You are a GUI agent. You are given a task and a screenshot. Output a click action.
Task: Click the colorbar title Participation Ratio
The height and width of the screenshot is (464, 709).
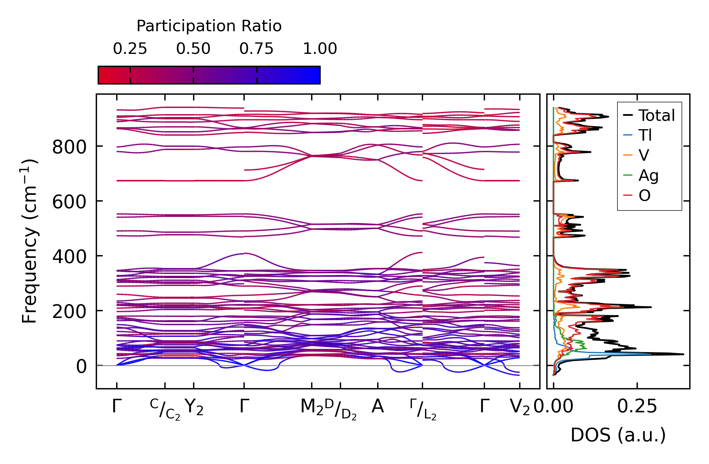(209, 26)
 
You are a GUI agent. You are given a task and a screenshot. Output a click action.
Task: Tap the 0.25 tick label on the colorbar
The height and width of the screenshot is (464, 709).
(130, 49)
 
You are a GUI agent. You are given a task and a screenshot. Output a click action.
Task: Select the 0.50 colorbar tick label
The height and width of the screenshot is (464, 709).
(193, 49)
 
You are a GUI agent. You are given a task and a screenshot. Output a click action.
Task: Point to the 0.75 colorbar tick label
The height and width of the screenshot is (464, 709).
(257, 49)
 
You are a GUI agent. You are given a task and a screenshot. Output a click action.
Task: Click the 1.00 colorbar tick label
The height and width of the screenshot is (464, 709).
(320, 49)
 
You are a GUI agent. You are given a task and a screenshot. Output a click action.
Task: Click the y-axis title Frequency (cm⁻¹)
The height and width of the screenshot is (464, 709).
(30, 241)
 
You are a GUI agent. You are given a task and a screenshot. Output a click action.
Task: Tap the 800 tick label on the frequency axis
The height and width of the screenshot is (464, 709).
(69, 147)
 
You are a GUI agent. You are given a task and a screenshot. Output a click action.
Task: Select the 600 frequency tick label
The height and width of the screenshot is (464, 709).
(69, 202)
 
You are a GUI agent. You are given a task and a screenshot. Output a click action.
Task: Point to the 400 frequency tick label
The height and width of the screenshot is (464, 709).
(69, 257)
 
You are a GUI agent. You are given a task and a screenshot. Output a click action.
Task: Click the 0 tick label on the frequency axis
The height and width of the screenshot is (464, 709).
(81, 367)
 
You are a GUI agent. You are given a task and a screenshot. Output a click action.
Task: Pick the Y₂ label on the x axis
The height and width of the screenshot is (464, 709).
(194, 407)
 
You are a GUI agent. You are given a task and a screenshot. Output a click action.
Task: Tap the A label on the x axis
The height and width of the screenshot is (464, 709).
(377, 406)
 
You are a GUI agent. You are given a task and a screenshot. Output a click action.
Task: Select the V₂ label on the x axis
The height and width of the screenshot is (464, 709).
(520, 407)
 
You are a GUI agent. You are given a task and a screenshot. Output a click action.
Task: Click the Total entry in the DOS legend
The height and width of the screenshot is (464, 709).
(656, 115)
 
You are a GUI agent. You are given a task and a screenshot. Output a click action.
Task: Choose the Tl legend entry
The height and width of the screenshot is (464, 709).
(645, 135)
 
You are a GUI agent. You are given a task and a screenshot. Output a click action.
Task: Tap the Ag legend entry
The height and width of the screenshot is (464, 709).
(648, 175)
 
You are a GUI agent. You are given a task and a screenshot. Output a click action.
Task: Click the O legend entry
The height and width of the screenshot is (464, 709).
(645, 195)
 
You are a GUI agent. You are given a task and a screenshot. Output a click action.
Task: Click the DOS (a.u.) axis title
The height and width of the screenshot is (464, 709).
(618, 435)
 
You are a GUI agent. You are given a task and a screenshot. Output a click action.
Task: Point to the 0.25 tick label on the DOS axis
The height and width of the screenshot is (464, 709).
(637, 407)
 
